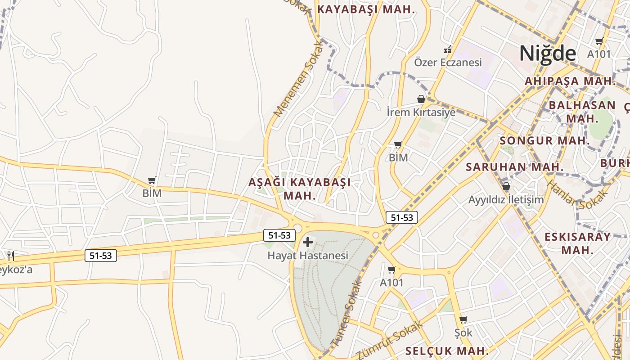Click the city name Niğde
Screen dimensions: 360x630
[548, 54]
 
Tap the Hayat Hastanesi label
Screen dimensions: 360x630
[308, 256]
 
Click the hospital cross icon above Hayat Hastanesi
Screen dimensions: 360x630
[308, 243]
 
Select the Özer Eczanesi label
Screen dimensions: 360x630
[448, 63]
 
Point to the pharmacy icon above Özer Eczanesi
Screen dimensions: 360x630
[448, 49]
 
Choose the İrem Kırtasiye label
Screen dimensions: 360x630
[421, 112]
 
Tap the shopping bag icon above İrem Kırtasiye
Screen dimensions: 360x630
[421, 99]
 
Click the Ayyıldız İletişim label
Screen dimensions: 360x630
[506, 199]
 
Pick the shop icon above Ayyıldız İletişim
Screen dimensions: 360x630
[506, 186]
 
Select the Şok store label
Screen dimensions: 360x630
[463, 333]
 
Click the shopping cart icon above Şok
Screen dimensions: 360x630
[463, 320]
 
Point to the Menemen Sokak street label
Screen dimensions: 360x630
[299, 79]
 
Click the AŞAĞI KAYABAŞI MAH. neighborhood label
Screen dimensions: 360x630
[300, 189]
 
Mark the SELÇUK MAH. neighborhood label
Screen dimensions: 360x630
[447, 351]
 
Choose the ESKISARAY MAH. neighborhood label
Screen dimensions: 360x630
[578, 243]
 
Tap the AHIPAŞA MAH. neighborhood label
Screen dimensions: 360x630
[570, 81]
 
